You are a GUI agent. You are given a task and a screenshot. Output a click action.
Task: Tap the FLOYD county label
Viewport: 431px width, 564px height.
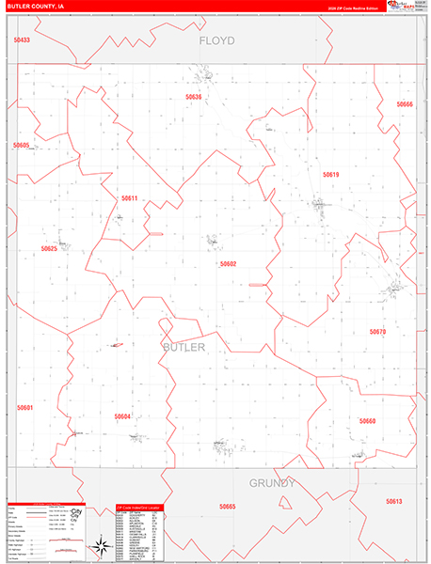(x=215, y=42)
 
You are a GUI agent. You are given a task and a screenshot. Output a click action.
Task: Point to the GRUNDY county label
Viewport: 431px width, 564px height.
(x=273, y=483)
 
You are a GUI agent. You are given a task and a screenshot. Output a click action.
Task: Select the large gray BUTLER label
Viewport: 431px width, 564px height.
(x=184, y=348)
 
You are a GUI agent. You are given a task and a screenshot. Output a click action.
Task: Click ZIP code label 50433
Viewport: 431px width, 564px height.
(x=22, y=40)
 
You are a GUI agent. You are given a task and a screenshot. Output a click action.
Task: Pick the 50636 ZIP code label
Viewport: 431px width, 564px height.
(x=194, y=97)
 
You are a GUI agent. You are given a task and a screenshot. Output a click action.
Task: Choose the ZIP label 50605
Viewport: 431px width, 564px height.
(x=22, y=146)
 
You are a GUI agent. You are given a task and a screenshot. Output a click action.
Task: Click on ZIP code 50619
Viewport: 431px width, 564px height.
(x=330, y=175)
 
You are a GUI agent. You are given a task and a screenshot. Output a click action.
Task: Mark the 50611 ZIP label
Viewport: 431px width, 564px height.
(x=130, y=198)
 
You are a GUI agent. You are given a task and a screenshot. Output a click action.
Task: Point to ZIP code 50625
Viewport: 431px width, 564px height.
(x=49, y=249)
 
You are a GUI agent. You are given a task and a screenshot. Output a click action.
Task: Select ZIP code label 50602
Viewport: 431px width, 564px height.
(x=228, y=264)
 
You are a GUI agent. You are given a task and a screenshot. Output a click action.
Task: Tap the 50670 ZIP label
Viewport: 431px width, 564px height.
(x=377, y=332)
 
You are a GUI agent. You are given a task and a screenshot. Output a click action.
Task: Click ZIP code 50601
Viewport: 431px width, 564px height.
(x=24, y=408)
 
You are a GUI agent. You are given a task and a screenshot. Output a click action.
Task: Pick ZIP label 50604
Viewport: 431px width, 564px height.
(x=122, y=416)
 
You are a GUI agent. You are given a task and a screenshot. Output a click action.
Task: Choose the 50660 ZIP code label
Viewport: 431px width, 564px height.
(x=367, y=421)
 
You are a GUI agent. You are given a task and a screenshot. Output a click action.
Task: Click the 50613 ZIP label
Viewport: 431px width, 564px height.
(x=393, y=502)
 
